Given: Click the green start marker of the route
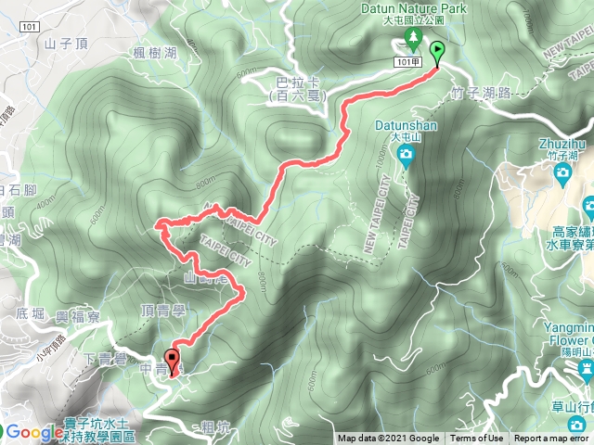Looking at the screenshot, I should tap(436, 52).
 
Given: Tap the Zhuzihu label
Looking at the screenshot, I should tap(562, 144).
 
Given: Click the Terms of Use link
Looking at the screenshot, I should tap(477, 439).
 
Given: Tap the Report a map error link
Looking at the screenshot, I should tap(552, 439).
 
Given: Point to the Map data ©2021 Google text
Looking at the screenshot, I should tap(388, 439).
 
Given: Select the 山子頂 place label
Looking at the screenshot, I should tap(64, 43).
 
